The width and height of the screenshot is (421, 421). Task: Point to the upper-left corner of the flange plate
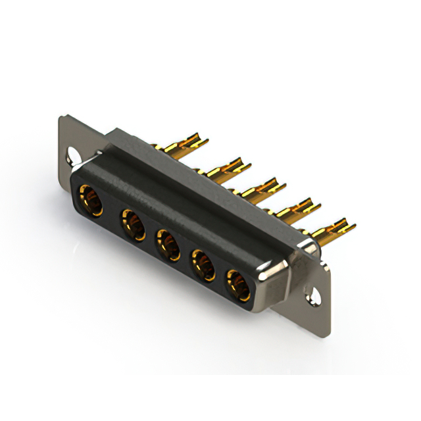[62, 120]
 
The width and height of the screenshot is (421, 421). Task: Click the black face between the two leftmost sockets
[112, 213]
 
